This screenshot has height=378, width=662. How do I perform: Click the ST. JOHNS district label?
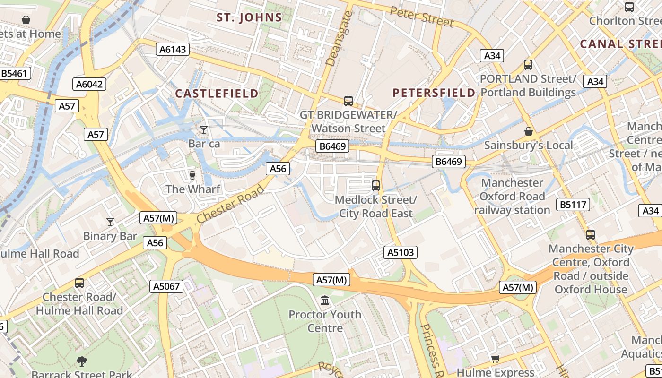[x=249, y=18]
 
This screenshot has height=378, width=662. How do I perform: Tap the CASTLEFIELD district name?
[x=217, y=93]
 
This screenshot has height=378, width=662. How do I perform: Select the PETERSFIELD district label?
[x=434, y=93]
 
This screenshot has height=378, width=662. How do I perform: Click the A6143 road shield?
[x=173, y=49]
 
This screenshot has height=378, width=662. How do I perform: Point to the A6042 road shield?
[x=89, y=84]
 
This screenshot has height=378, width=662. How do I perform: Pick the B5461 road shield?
[x=15, y=73]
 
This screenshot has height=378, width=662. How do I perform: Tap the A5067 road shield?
[x=166, y=286]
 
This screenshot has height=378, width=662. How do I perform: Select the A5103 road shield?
[x=401, y=252]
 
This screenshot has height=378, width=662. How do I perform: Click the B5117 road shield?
[x=573, y=205]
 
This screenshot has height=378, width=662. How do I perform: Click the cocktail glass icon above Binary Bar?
[x=110, y=222]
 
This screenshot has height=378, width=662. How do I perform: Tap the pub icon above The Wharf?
[x=192, y=175]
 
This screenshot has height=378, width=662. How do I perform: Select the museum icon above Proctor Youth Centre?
[x=325, y=301]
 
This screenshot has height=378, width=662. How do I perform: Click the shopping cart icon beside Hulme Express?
[x=495, y=359]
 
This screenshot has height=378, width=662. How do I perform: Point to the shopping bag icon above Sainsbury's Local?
[x=528, y=131]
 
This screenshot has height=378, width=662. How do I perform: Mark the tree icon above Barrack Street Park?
[x=82, y=361]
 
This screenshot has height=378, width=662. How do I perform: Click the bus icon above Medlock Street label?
[x=376, y=186]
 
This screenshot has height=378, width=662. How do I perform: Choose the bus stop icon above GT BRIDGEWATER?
[x=348, y=101]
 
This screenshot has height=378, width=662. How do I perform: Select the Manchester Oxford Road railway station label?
[x=512, y=196]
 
